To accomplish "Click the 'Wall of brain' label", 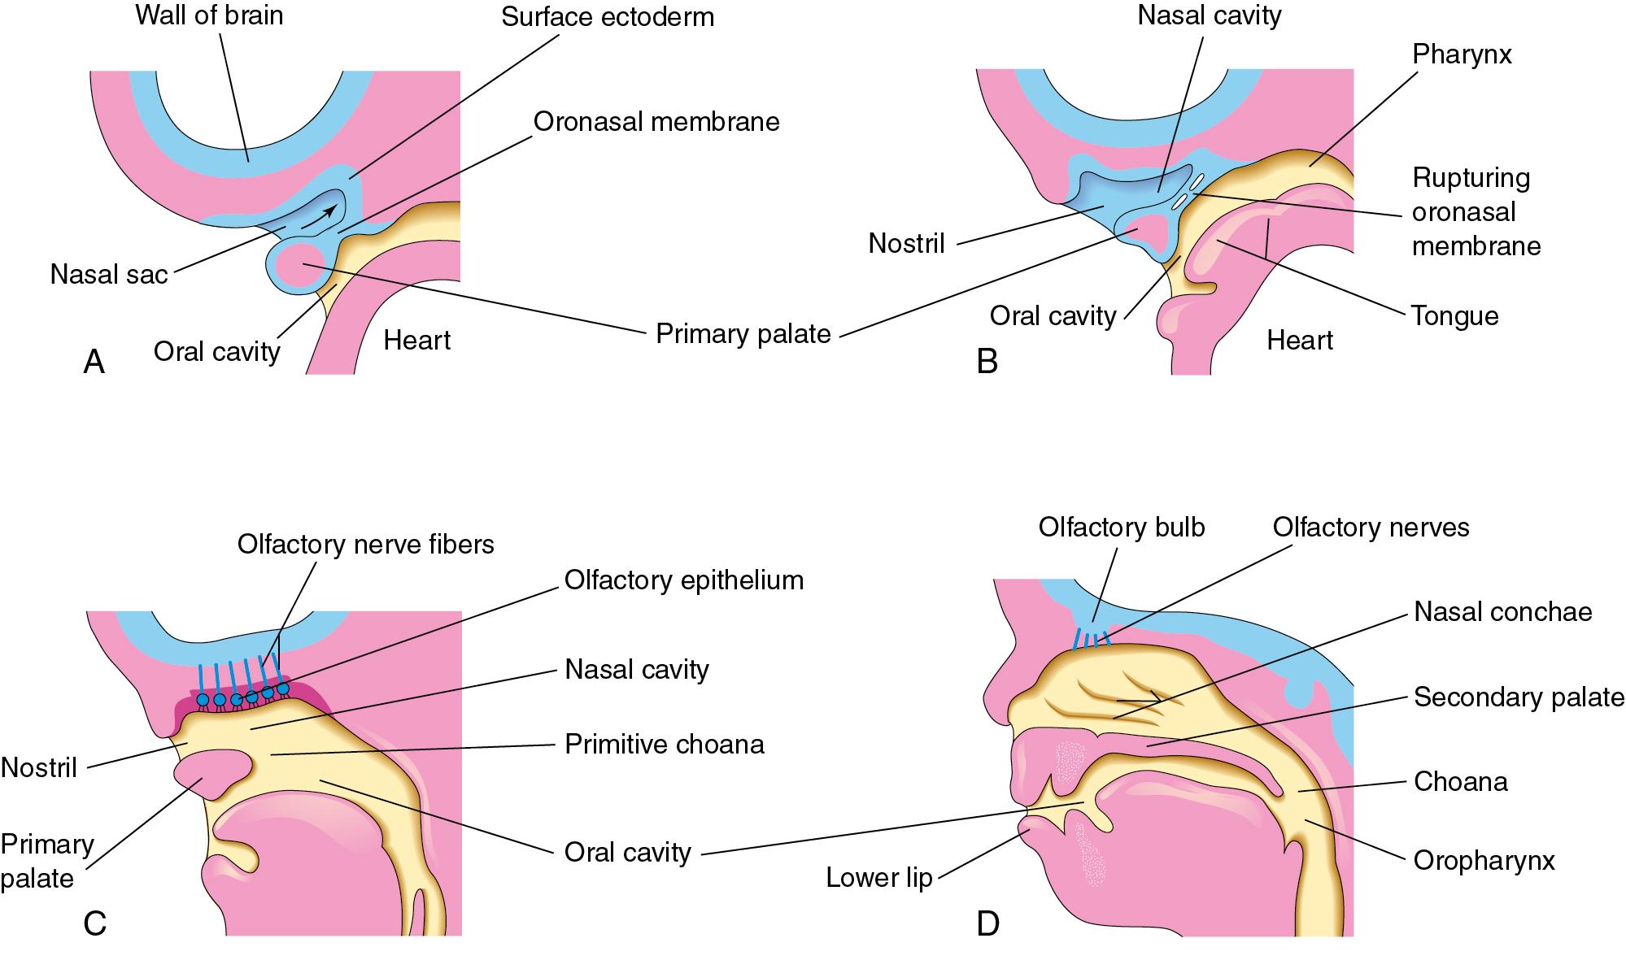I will [x=209, y=15].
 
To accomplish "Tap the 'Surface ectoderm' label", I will [x=607, y=17].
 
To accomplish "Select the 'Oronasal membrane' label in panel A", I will [x=656, y=122].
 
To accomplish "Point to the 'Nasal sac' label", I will [x=108, y=274].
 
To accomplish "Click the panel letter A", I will [x=94, y=362].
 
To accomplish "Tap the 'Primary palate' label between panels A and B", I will [x=743, y=333].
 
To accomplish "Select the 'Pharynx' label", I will [x=1462, y=54].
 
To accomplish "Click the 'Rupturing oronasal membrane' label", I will [x=1476, y=211].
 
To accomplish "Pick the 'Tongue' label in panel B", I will [x=1454, y=315].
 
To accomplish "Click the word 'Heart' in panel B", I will [x=1299, y=340].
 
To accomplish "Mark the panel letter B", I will [x=987, y=362].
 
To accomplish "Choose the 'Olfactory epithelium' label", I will [x=683, y=580].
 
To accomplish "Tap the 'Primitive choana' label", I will [x=664, y=745].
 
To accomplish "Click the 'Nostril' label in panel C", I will [x=39, y=767].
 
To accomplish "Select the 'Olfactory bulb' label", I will [x=1121, y=527].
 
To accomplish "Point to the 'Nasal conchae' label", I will [x=1502, y=611].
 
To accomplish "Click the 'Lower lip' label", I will [x=878, y=878].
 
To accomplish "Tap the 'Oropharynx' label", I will [x=1484, y=860].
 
